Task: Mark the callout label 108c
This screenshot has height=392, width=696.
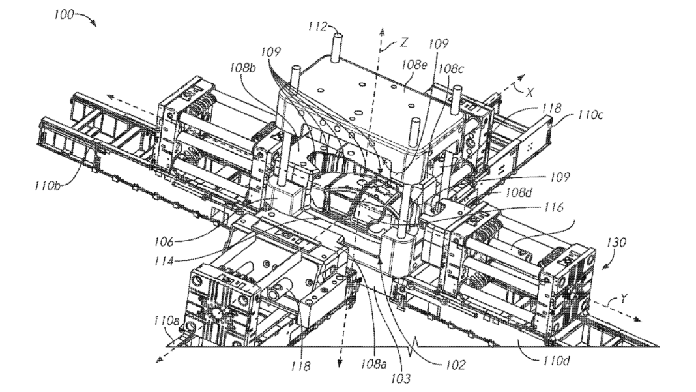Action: click(x=452, y=67)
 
